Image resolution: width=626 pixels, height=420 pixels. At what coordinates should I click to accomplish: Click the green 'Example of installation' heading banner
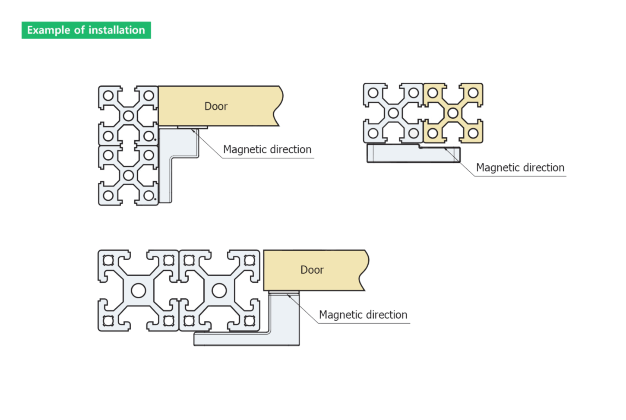coord(86,30)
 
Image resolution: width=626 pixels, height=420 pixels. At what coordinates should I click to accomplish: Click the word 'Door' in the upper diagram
coord(216,107)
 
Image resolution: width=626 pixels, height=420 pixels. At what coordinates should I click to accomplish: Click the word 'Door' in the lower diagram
coord(312,270)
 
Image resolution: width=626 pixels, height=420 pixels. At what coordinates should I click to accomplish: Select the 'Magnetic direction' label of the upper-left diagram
coord(267,149)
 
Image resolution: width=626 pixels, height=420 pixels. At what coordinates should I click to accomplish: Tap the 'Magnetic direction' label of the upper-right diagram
coord(520,167)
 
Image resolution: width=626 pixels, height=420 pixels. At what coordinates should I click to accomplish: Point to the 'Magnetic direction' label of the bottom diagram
coord(363,315)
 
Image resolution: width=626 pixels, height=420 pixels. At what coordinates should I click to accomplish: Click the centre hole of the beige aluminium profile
coord(453,113)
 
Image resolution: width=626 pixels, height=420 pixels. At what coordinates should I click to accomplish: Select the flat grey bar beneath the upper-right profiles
coord(413,153)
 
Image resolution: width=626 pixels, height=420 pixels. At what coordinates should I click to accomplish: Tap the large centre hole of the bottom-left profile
coord(138,291)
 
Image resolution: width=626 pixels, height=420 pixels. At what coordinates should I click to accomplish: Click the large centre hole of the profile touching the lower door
coord(219,291)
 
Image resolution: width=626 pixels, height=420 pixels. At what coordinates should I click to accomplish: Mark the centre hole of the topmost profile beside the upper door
coord(129,116)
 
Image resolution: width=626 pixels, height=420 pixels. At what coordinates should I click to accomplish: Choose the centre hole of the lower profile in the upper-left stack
coord(129,176)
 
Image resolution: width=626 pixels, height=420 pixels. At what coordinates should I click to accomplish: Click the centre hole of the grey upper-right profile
coord(393,113)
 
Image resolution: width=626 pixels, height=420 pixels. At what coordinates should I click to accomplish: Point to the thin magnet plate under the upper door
coord(193,127)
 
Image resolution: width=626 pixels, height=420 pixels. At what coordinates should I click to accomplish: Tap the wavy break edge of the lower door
coord(364,270)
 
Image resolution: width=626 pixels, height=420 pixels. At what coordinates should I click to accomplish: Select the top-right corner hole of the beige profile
coord(473,93)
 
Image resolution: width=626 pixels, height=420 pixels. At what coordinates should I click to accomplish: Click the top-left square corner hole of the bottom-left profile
coord(108,260)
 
